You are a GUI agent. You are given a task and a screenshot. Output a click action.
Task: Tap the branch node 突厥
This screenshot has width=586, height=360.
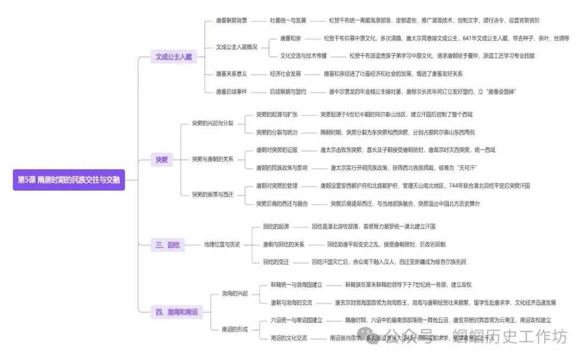[x=162, y=159]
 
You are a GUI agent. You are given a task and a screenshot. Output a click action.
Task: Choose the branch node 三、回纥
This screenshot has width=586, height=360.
[x=168, y=245]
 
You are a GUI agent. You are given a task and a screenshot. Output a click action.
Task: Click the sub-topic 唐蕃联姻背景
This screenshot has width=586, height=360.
[x=231, y=21]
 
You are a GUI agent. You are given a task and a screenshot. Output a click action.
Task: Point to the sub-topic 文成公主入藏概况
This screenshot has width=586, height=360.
[x=237, y=47]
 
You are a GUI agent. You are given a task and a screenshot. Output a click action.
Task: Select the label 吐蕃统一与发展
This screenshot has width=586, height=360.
[x=288, y=21]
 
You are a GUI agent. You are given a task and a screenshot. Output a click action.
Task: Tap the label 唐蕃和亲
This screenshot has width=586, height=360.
[x=291, y=38]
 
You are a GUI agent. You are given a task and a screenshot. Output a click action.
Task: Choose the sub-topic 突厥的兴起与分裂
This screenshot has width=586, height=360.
[x=213, y=124]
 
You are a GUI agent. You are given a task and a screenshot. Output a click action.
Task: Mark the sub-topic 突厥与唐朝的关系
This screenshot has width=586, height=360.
[x=213, y=159]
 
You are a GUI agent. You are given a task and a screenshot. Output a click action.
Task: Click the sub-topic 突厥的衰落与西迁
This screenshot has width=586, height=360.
[x=213, y=194]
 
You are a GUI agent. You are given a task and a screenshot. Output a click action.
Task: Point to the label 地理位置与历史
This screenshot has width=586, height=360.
[x=222, y=245]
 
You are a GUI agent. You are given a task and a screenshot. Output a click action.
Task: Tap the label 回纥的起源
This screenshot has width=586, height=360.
[x=276, y=226]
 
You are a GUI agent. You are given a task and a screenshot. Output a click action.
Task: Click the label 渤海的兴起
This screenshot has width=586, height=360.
[x=234, y=293]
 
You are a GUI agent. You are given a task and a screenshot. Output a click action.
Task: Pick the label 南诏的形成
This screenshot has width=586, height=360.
[x=234, y=329]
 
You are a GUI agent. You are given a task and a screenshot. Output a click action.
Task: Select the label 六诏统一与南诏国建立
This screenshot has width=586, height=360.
[x=297, y=320]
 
